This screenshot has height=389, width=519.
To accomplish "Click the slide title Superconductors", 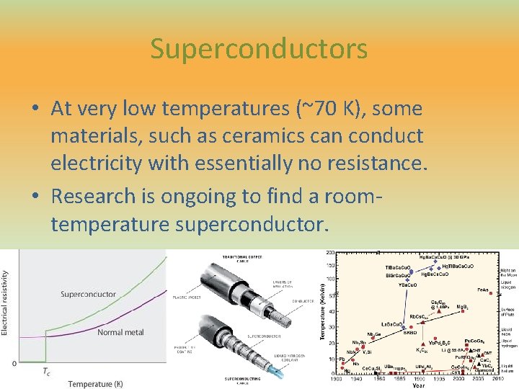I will (259, 49).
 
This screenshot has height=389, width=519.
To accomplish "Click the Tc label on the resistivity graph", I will (45, 372).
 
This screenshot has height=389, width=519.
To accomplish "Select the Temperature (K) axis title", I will (96, 384).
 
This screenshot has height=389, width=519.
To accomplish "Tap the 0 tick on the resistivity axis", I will (14, 363).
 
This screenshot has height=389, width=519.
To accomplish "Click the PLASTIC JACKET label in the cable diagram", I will (185, 296).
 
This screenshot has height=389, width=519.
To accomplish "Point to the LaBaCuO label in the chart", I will (394, 324).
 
